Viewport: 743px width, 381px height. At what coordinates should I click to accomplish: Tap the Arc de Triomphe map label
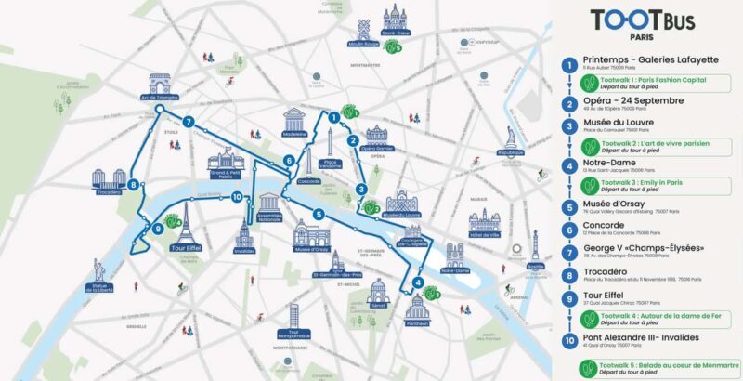pos(160,97)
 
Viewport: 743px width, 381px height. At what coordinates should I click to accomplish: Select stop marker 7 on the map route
pos(189,122)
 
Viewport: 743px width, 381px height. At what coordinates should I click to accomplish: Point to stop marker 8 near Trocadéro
pos(135,185)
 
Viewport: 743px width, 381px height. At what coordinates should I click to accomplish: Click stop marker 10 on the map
pos(238,196)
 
